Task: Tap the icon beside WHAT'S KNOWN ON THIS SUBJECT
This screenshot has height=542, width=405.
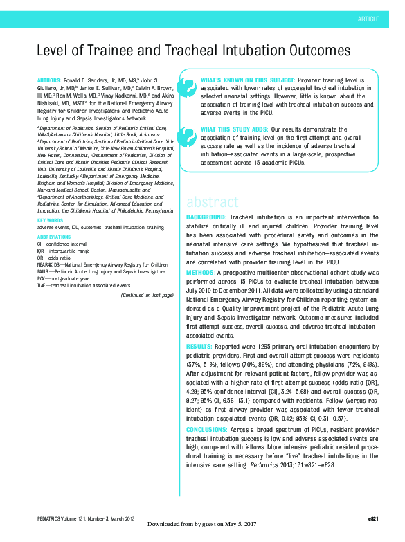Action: pos(187,87)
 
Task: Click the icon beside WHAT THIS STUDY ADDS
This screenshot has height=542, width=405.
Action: pos(187,136)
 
